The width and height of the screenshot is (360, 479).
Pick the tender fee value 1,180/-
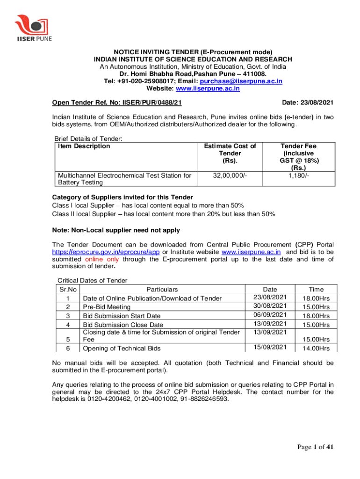click(299, 176)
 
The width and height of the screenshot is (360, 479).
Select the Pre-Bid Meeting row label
click(107, 307)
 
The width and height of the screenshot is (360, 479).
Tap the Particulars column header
click(162, 290)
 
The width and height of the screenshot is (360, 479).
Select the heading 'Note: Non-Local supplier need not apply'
click(116, 230)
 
